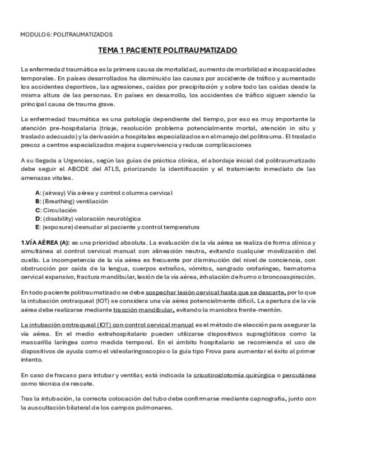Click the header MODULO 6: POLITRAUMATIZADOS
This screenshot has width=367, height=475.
pyautogui.click(x=66, y=34)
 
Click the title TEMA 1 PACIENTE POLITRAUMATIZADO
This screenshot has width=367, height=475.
pyautogui.click(x=168, y=50)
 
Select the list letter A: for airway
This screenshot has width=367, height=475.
pyautogui.click(x=38, y=193)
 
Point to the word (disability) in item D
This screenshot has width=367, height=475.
pyautogui.click(x=59, y=218)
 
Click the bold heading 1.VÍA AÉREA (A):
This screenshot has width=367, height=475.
pyautogui.click(x=45, y=243)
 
